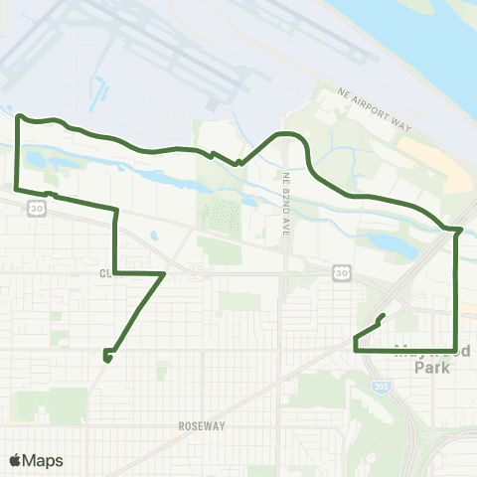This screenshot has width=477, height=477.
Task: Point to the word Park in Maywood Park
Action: point(431,367)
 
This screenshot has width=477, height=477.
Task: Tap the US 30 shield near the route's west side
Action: point(37,209)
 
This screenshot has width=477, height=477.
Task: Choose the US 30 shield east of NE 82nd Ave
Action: point(341,270)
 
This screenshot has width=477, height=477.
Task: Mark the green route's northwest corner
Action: point(19,117)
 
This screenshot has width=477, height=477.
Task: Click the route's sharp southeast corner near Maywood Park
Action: point(455,349)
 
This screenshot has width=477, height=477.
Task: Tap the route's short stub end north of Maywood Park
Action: point(383,317)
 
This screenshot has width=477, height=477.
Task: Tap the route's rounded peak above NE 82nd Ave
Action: point(288,132)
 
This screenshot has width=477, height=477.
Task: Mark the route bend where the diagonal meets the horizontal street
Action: point(163,271)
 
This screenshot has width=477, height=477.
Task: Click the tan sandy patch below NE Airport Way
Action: point(437,159)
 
